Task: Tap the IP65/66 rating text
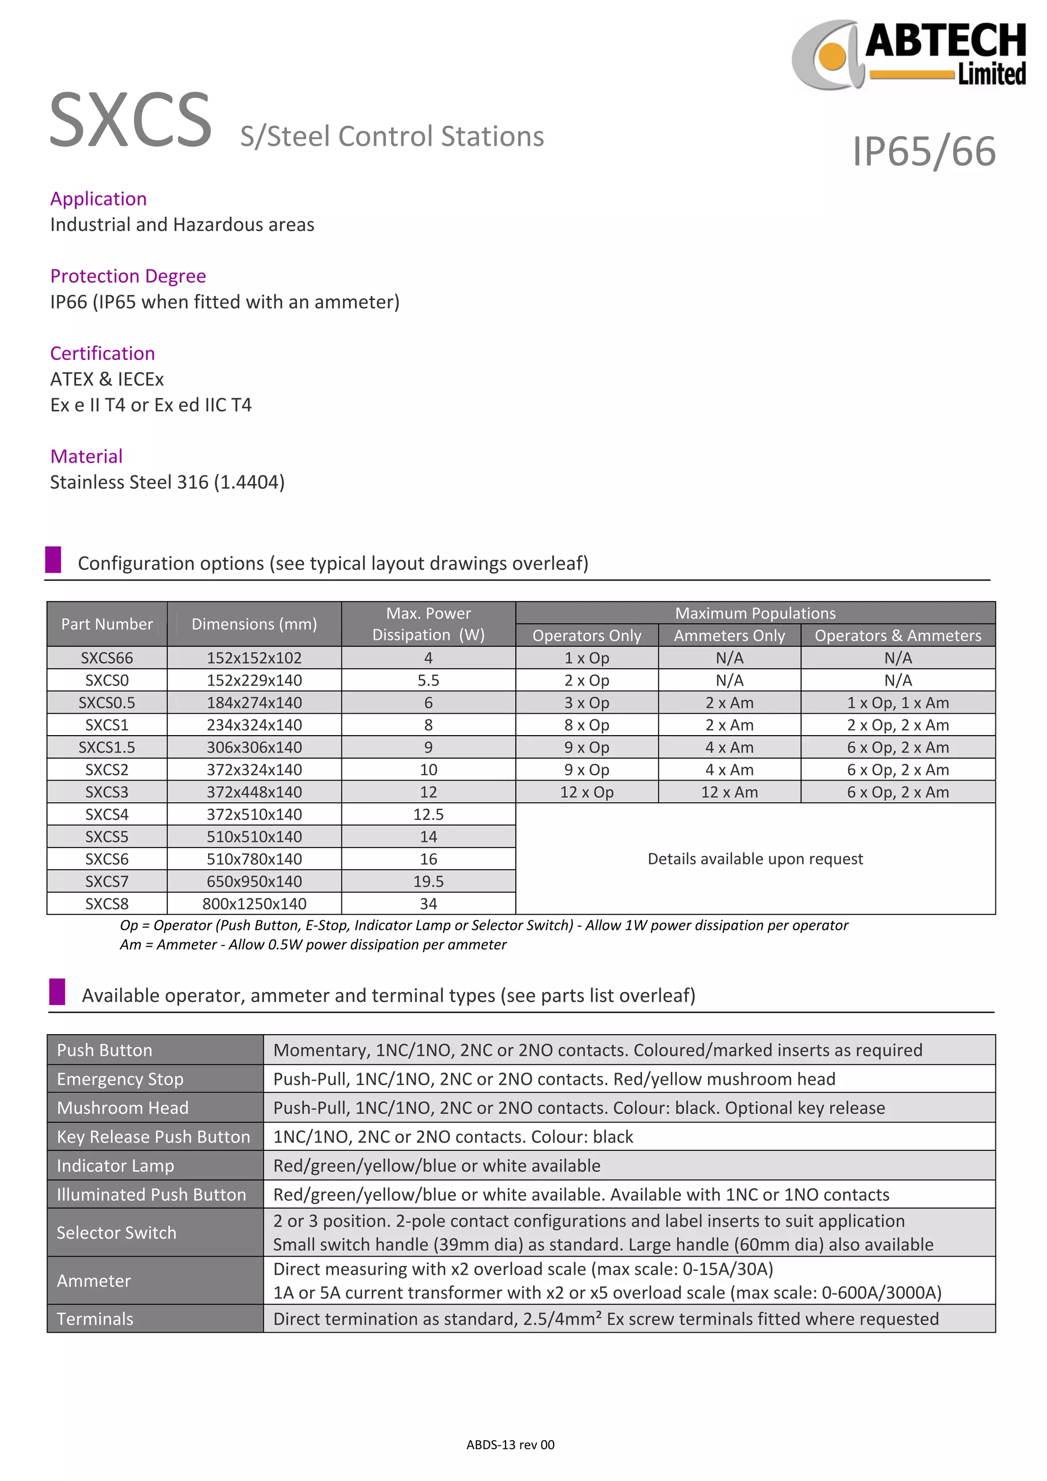(924, 152)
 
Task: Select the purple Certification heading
(103, 353)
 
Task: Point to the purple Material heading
(86, 456)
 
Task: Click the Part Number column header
(106, 624)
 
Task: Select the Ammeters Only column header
(729, 635)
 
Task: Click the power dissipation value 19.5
(428, 881)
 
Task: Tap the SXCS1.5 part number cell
(106, 747)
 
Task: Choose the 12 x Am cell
(729, 791)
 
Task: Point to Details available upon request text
(755, 858)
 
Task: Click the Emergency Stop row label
(120, 1079)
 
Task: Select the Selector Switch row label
(116, 1232)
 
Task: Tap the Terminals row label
(95, 1318)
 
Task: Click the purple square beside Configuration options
(53, 559)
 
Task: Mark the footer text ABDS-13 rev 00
(510, 1444)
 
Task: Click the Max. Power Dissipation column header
(428, 624)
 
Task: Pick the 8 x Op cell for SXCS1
(586, 724)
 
